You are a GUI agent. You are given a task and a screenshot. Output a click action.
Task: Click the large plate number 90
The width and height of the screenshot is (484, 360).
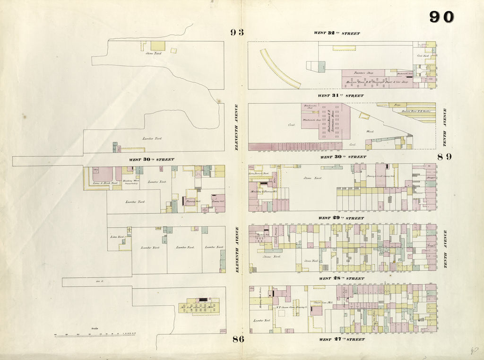(x=441, y=17)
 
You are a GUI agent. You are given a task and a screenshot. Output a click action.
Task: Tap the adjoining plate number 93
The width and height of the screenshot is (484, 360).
(x=237, y=32)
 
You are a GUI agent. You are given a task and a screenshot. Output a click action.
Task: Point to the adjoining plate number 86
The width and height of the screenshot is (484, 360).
(x=237, y=339)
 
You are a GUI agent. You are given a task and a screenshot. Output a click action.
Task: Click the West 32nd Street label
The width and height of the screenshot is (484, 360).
(x=337, y=34)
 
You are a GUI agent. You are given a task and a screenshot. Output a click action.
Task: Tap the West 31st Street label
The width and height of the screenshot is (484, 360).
(x=340, y=96)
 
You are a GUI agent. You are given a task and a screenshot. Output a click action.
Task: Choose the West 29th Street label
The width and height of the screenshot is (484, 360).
(x=341, y=218)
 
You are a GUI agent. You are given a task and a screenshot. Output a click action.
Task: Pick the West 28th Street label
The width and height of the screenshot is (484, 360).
(x=341, y=279)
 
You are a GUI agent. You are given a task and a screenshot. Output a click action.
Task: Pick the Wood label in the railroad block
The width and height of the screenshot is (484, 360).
(x=370, y=131)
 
